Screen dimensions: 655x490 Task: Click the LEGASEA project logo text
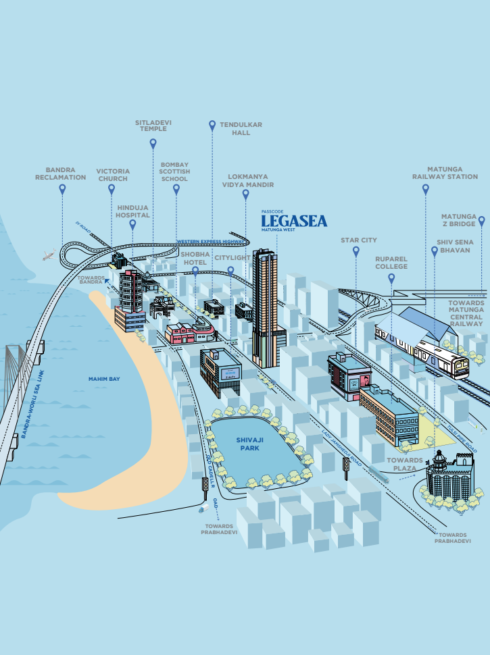pos(294,221)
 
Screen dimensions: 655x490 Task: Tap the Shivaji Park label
pos(249,443)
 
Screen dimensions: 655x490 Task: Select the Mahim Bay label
pos(104,379)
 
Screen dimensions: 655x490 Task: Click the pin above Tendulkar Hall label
pos(212,125)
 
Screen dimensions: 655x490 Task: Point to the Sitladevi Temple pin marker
pos(153,143)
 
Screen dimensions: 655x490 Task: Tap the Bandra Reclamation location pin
pos(63,190)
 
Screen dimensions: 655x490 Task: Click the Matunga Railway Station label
pos(445,173)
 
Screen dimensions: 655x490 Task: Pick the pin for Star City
pos(356,251)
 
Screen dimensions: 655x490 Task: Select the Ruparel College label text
pos(391,262)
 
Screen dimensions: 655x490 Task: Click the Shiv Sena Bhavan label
pos(456,245)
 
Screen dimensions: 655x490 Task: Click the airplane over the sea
pos(49,255)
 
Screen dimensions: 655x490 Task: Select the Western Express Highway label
pos(211,241)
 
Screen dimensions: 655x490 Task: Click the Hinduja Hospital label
pos(132,211)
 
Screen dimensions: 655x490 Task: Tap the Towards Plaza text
pos(405,464)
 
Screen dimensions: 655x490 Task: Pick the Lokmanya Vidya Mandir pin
pos(246,194)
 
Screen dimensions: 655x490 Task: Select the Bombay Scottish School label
pos(175,172)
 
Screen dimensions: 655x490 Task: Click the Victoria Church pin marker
pos(112,190)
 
